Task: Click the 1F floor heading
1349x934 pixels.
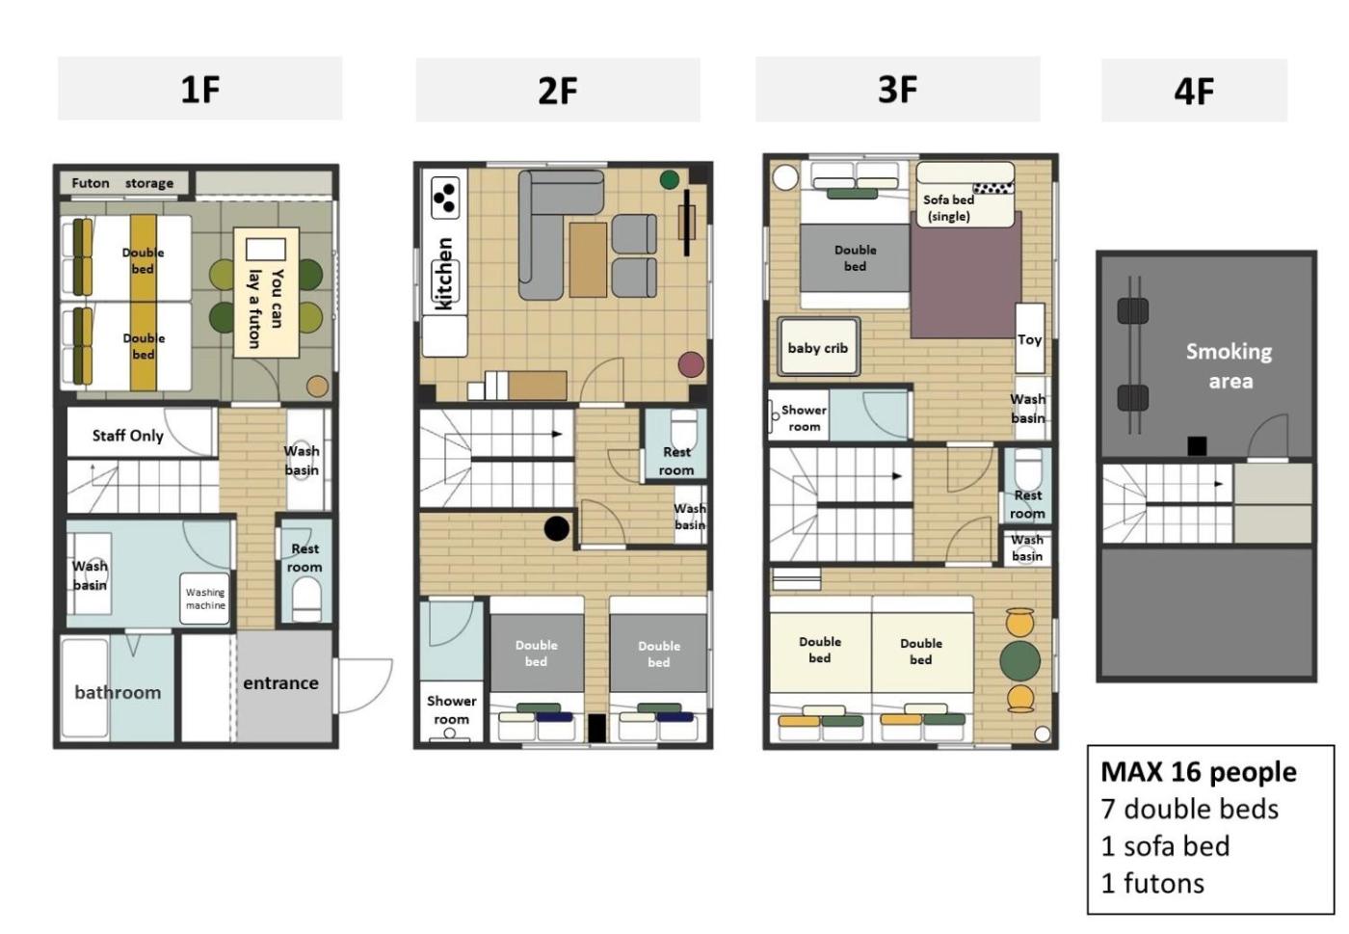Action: point(200,90)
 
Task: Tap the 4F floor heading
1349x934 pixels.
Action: point(1194,92)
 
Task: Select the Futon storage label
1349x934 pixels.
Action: point(122,183)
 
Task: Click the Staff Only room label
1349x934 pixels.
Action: point(127,436)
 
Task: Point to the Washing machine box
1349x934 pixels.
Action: point(204,598)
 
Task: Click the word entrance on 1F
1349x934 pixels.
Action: point(280,682)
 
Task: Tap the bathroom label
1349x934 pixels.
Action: point(118,692)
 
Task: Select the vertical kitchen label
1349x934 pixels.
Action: point(444,274)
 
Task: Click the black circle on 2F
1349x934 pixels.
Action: point(557,528)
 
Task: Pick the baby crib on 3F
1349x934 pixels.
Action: point(818,347)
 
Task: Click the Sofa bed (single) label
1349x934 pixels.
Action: point(948,208)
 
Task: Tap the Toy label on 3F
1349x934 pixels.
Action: point(1029,339)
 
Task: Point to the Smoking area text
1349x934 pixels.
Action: point(1230,365)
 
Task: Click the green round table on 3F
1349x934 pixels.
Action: point(1019,660)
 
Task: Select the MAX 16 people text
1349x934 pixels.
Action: point(1199,772)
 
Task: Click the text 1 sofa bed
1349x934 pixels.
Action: point(1165,846)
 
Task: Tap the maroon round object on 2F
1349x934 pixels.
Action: point(691,364)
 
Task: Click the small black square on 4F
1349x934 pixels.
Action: point(1197,446)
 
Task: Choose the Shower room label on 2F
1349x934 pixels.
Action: point(451,709)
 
